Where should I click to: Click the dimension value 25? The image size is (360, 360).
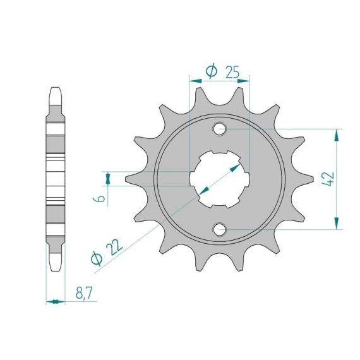coord(232,72)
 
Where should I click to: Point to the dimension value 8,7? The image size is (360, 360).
coord(84,293)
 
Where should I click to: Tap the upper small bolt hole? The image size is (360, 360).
coord(220,129)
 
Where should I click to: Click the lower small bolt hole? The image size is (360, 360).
coord(220,229)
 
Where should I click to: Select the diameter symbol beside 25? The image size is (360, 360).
coord(211,71)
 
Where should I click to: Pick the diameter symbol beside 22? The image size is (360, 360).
coord(97,259)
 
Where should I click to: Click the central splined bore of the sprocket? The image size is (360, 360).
coord(220,179)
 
